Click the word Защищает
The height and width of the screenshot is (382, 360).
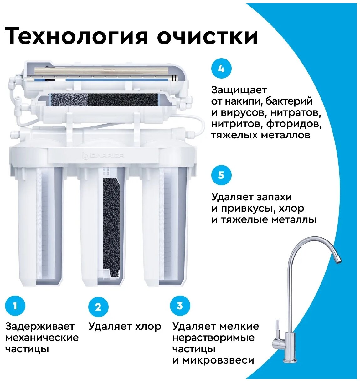[x=239, y=90]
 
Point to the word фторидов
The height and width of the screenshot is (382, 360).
[x=294, y=124]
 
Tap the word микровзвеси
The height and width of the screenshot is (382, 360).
[x=219, y=360]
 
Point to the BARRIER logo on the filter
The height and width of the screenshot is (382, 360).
[x=103, y=155]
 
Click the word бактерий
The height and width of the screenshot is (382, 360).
[x=289, y=101]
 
